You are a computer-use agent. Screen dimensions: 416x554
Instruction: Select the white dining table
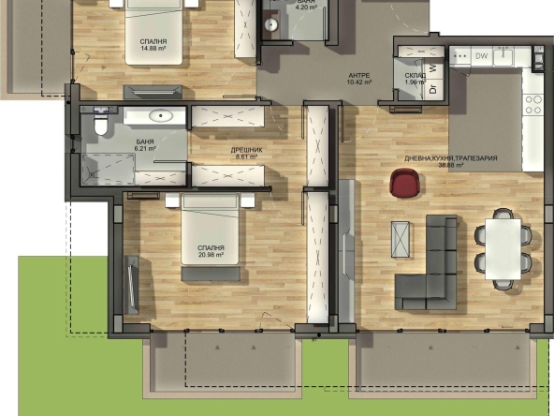pos(503,246)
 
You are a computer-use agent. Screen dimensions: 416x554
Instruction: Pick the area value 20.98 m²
pos(210,256)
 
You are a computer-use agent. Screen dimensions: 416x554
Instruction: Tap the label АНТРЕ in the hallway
pos(358,75)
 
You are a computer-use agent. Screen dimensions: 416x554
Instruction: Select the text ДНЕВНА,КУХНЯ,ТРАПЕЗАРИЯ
pos(450,158)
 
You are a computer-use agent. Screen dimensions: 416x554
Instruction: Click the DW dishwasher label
pos(482,57)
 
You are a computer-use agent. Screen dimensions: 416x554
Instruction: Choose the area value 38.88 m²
pos(450,166)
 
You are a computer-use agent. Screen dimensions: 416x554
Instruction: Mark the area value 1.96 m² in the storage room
pos(415,82)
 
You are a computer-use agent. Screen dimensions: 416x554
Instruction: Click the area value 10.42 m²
pos(359,82)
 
